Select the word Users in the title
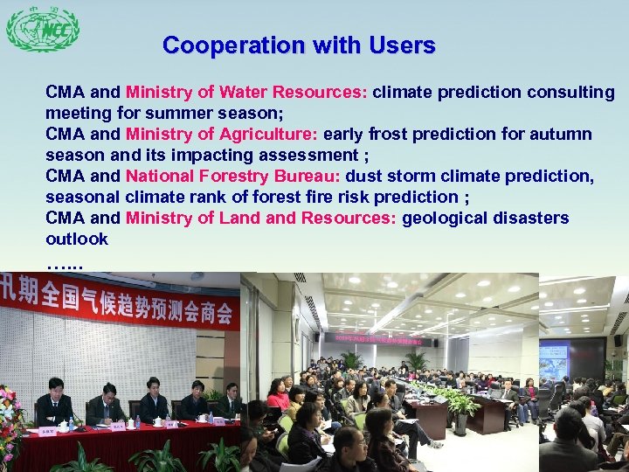pyautogui.click(x=402, y=45)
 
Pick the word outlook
pyautogui.click(x=77, y=239)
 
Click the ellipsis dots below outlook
pyautogui.click(x=64, y=260)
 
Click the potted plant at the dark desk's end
pyautogui.click(x=460, y=411)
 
